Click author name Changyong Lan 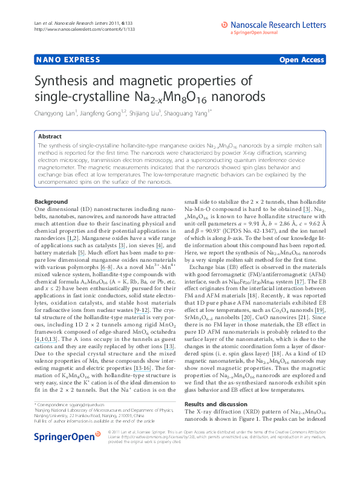click(56, 112)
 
